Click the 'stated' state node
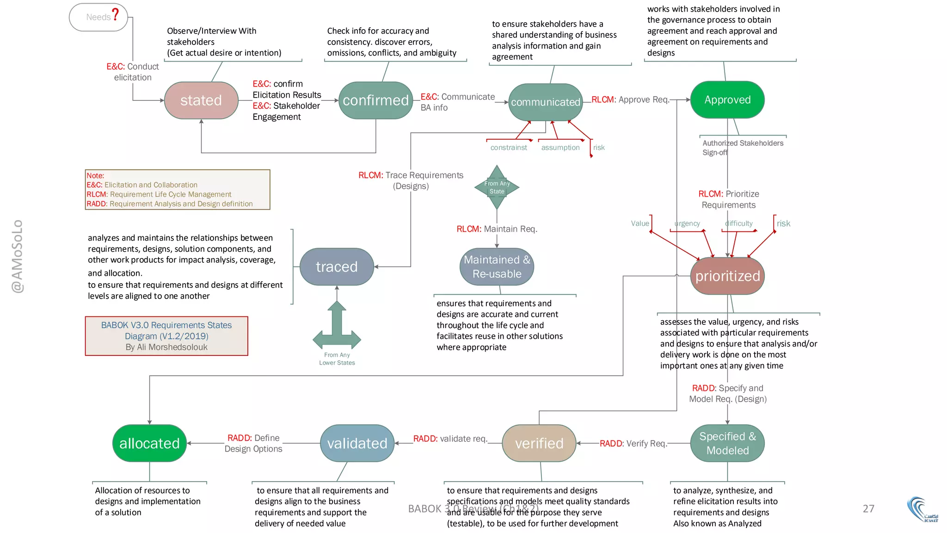click(201, 100)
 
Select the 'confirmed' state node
click(375, 100)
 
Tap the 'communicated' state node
click(545, 102)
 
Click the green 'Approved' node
click(727, 100)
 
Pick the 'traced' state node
click(337, 267)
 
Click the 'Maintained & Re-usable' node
click(497, 267)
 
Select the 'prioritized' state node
click(727, 276)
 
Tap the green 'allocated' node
click(149, 443)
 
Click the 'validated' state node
click(357, 443)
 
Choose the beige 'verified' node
click(539, 443)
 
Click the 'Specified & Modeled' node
click(727, 443)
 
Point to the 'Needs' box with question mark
click(98, 17)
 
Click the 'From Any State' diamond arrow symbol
click(497, 187)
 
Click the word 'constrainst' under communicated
click(509, 148)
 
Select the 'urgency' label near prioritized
click(687, 223)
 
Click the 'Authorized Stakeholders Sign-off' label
click(742, 148)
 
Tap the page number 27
click(868, 508)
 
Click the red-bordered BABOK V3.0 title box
click(166, 336)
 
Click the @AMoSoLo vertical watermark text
click(17, 256)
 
